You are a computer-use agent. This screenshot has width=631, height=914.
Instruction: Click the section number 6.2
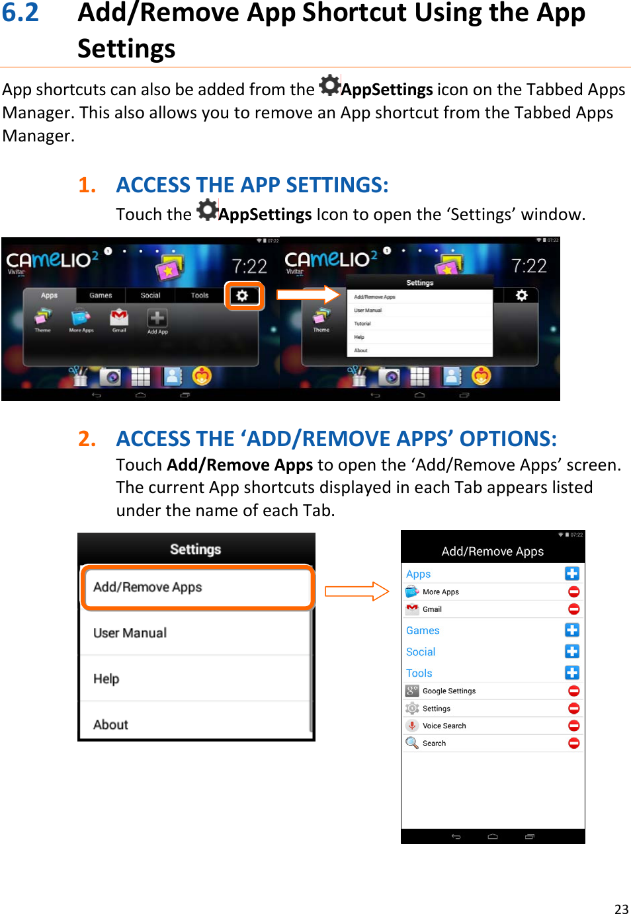(21, 13)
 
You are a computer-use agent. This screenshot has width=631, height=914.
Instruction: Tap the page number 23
(621, 909)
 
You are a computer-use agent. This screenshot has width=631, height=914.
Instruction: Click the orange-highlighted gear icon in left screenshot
(243, 295)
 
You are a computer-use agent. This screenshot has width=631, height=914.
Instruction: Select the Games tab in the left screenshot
(101, 295)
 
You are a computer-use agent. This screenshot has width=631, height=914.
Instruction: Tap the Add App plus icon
(157, 319)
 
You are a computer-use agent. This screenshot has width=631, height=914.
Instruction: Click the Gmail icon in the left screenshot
(119, 317)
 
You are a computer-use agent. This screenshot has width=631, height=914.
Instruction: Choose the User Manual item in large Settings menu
(130, 633)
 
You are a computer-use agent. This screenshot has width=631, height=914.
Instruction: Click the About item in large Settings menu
(111, 724)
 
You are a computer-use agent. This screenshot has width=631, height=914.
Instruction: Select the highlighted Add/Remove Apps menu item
(196, 587)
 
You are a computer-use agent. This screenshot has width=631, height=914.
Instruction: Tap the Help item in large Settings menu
(106, 679)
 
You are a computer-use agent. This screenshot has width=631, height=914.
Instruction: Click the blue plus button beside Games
(572, 630)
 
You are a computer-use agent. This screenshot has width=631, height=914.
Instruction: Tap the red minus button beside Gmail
(573, 609)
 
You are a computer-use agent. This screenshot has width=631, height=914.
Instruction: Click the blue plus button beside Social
(572, 651)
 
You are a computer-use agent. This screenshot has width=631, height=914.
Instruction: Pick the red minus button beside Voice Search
(573, 726)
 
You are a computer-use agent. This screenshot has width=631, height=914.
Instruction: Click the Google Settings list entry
(449, 691)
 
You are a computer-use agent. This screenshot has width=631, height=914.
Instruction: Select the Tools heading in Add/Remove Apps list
(419, 673)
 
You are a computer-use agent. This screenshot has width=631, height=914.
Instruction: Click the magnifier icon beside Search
(412, 743)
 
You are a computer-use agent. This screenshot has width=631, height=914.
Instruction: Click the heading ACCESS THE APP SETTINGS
(252, 185)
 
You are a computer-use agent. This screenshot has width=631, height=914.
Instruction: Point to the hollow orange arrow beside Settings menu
(357, 591)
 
